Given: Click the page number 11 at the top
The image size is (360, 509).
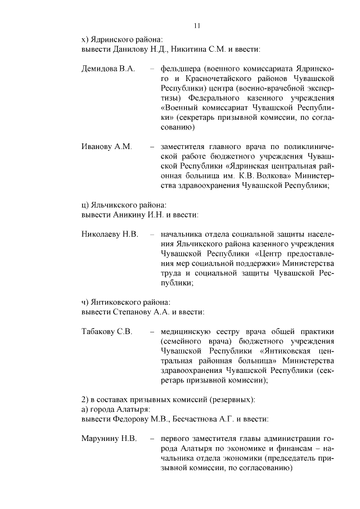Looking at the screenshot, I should (196, 25).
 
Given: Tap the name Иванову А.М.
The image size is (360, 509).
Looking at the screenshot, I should (106, 147).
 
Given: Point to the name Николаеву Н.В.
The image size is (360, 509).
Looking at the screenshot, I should (110, 233).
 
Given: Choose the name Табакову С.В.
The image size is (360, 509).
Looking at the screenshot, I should (107, 331).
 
